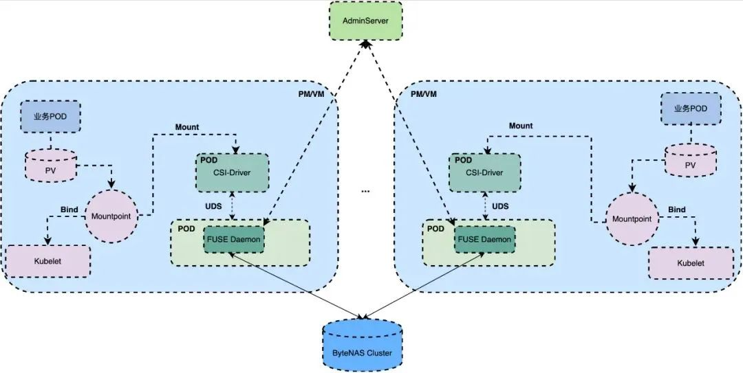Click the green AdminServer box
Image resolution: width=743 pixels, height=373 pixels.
365,21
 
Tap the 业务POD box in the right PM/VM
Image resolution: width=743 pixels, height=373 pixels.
691,109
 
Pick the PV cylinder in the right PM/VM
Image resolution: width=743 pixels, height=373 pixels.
691,165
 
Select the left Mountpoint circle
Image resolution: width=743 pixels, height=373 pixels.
111,216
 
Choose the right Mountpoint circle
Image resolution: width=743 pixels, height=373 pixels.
632,219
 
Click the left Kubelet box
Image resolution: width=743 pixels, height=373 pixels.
48,262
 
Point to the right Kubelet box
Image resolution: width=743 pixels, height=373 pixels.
691,263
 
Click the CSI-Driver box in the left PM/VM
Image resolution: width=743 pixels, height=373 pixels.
233,173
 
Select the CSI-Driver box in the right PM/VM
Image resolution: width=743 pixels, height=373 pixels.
485,173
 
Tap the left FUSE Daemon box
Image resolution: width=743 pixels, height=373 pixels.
233,239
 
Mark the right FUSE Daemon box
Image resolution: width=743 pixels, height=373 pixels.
485,239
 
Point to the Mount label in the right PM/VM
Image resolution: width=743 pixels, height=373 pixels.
521,126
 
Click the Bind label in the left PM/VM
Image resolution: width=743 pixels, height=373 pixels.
69,208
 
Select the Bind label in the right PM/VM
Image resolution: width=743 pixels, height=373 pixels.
677,210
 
